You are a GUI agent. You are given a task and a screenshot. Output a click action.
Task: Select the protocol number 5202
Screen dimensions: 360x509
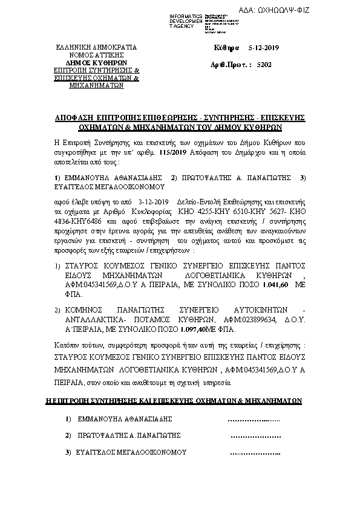pyautogui.click(x=264, y=63)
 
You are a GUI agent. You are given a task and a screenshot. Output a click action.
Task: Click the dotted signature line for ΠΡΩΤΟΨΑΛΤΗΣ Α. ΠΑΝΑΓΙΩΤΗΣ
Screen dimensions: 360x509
pyautogui.click(x=256, y=435)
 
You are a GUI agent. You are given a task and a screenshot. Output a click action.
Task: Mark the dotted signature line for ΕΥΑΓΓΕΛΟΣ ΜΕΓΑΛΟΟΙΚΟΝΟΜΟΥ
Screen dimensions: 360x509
pyautogui.click(x=256, y=452)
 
